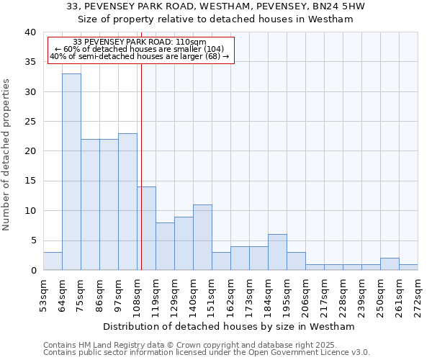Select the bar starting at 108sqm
146,228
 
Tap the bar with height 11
202,237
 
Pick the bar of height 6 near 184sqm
277,252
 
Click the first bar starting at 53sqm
53,261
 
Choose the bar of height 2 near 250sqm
390,264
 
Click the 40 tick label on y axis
30,32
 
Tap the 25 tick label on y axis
30,122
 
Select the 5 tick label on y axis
32,240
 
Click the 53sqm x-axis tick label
44,296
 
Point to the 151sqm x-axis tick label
212,296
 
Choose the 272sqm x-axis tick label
418,296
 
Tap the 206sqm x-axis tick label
306,296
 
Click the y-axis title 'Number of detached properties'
6,151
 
